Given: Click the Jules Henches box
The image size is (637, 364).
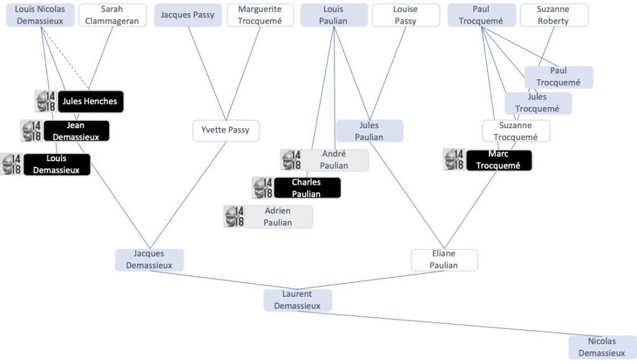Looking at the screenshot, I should (x=90, y=101).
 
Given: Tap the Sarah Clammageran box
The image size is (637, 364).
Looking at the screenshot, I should (x=112, y=15).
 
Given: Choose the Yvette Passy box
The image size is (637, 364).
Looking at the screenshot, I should (x=225, y=131).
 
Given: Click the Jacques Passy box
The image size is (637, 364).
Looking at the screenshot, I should (x=187, y=15).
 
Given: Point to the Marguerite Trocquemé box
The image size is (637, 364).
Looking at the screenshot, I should (x=260, y=15).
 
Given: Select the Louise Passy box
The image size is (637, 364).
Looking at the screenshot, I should (x=405, y=15).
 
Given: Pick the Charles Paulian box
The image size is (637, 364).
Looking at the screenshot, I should (x=306, y=188).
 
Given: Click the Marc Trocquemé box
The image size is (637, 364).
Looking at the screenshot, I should (x=498, y=160).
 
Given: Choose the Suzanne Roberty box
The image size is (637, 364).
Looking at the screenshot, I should (x=553, y=15).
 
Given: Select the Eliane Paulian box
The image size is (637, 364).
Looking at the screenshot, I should (x=444, y=259).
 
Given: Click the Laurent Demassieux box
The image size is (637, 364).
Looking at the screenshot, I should (x=297, y=300).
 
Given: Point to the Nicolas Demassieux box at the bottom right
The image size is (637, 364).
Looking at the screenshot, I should (x=602, y=347).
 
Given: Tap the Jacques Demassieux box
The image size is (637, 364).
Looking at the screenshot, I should (x=149, y=259).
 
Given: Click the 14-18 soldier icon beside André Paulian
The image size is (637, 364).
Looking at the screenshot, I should (x=291, y=160).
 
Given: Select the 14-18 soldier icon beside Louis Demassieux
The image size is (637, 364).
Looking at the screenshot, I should (x=12, y=164).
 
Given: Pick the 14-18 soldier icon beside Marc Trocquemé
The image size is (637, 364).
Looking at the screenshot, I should (x=454, y=159).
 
